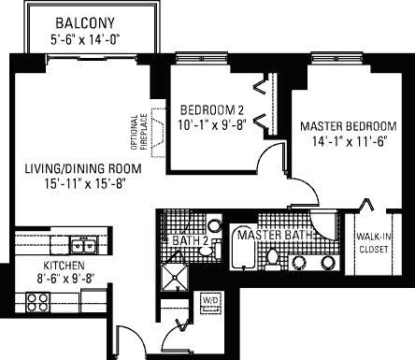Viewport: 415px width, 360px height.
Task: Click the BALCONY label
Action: [x=85, y=23]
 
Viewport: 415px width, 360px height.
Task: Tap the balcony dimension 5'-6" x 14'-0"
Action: [x=85, y=40]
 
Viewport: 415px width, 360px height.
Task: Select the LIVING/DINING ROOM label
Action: [x=83, y=168]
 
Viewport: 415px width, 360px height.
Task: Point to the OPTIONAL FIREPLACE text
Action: [x=139, y=132]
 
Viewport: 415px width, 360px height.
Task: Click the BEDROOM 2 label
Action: [x=212, y=110]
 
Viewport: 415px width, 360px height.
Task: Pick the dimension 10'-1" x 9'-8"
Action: [x=212, y=125]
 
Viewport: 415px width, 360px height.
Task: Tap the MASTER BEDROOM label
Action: [x=349, y=126]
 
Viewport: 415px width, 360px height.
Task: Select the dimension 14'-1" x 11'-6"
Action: [x=350, y=142]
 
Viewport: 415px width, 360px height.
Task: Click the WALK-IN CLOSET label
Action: [x=374, y=243]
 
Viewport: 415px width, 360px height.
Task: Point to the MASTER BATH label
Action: [x=275, y=235]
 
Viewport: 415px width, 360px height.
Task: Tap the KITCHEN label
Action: [x=64, y=266]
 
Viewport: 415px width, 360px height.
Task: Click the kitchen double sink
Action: [x=83, y=244]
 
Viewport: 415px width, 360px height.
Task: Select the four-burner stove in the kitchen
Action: [x=37, y=302]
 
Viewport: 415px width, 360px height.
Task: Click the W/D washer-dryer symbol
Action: [x=211, y=303]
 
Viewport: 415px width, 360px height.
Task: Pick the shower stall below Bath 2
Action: [x=175, y=278]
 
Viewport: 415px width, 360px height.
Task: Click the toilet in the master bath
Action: [x=273, y=259]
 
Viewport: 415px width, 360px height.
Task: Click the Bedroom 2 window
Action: [x=201, y=58]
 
